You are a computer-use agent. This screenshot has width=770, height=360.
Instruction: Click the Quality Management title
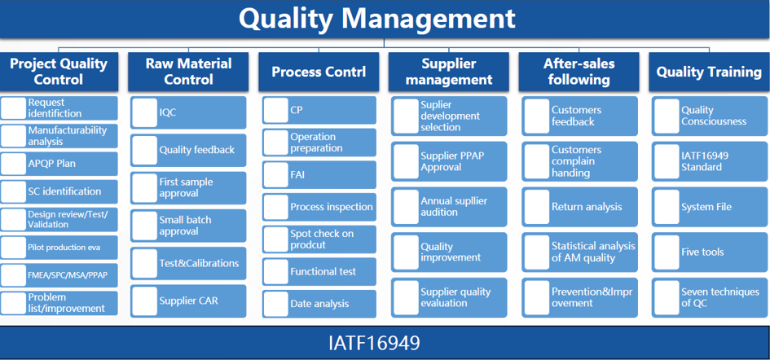[x=377, y=19]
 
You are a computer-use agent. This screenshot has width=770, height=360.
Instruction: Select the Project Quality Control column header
[x=59, y=72]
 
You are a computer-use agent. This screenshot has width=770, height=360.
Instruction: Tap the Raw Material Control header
[x=188, y=72]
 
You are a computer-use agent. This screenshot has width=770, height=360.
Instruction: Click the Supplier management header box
[x=449, y=72]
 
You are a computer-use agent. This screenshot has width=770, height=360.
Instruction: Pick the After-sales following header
[x=579, y=72]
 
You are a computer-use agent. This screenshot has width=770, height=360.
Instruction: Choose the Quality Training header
[x=709, y=72]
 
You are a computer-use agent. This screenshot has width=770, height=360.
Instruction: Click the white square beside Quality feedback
[x=145, y=150]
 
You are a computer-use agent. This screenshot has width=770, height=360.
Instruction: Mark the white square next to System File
[x=667, y=207]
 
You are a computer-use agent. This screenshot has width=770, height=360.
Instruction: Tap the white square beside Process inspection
[x=275, y=207]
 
